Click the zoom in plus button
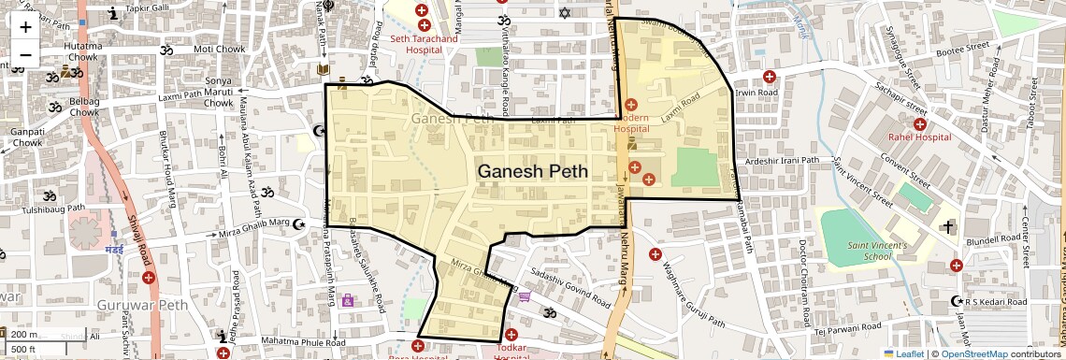click(x=25, y=26)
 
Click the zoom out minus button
click(x=25, y=54)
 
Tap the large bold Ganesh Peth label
click(x=533, y=172)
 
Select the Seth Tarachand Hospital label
click(x=424, y=45)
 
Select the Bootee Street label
click(x=963, y=47)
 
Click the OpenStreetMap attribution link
click(x=982, y=353)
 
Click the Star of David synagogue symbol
click(x=563, y=13)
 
